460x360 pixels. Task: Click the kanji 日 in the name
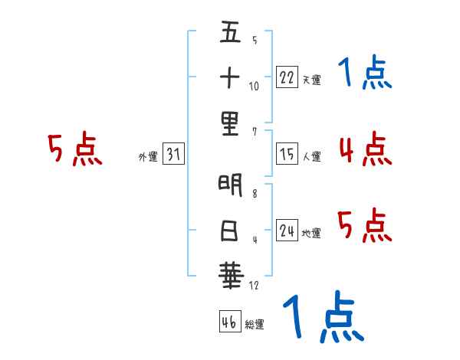coord(230,229)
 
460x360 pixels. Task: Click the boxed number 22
coord(287,77)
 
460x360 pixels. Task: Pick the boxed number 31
coord(173,155)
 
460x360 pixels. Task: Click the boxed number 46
coord(228,322)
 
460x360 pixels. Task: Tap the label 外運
coord(147,157)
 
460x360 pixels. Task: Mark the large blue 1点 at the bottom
coord(323,318)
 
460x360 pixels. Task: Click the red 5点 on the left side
coord(74,149)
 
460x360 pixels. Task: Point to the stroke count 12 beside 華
coord(255,286)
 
